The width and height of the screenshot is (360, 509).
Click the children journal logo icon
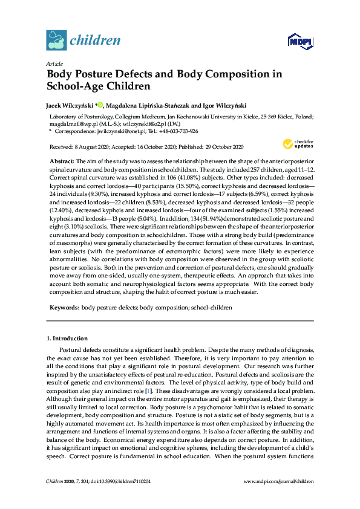click(56, 40)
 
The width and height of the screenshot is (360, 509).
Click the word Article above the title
click(54, 63)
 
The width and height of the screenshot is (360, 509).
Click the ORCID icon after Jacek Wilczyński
click(100, 105)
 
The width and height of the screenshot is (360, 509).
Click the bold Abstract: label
click(61, 162)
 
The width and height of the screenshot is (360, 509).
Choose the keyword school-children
click(211, 308)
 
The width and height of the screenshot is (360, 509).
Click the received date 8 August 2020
click(85, 147)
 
